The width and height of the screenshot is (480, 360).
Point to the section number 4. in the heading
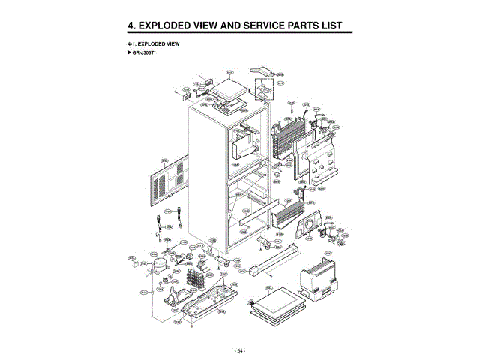[x=133, y=25]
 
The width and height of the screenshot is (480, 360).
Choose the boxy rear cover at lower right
[x=319, y=281]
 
